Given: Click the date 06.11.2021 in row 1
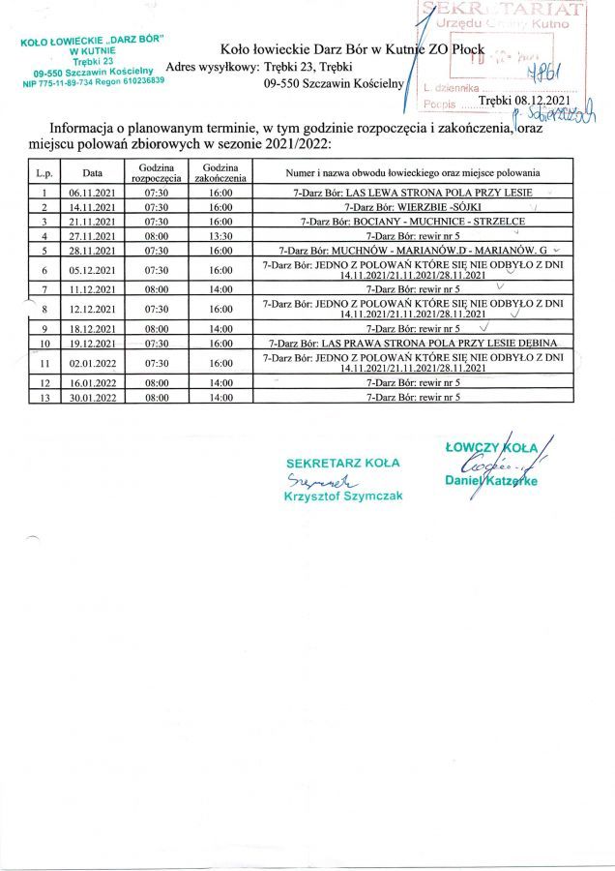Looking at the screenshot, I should [x=92, y=193].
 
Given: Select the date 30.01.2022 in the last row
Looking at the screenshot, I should [x=92, y=397].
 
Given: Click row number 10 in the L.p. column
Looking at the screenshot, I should [x=44, y=344].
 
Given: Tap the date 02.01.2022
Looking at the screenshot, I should [x=92, y=363].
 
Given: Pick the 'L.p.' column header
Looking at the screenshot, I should [x=44, y=173].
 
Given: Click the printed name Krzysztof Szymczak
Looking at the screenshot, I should [x=342, y=496].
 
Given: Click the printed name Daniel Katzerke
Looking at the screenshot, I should [x=490, y=480].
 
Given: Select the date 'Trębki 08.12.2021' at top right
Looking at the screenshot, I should [x=524, y=100].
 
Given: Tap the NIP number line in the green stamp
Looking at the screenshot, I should [x=93, y=82].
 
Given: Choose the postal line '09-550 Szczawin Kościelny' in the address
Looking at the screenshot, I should [x=332, y=84].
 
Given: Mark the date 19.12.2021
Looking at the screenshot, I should [x=92, y=344].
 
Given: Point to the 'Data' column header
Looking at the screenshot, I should [x=92, y=173].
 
